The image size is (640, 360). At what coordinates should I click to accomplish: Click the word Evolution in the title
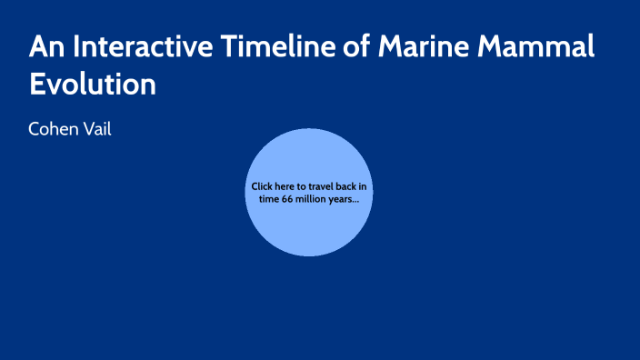point(93,84)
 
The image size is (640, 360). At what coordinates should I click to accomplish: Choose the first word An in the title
point(45,47)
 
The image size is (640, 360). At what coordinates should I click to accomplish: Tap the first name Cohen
point(55,130)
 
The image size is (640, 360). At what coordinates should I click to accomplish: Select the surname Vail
point(97,130)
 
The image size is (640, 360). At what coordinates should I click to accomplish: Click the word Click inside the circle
point(263,186)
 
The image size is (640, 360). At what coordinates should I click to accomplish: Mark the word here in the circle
point(287,186)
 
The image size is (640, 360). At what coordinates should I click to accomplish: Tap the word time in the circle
point(269,198)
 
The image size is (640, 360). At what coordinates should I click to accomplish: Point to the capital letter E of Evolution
point(37,84)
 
